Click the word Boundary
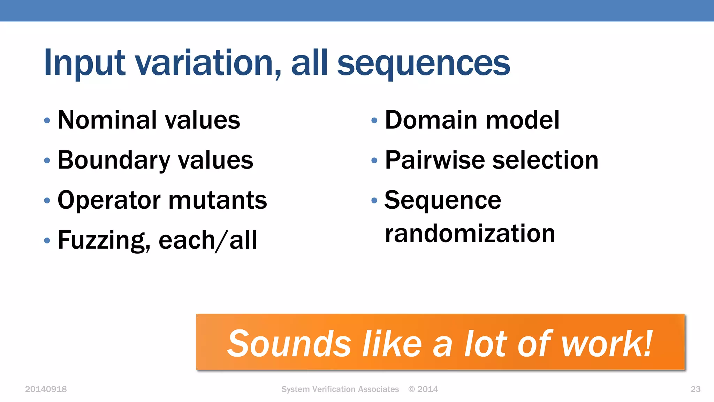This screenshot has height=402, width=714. tap(114, 160)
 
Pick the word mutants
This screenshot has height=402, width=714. tap(218, 200)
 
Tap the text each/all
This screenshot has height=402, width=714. tap(208, 240)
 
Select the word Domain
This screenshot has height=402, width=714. tap(431, 120)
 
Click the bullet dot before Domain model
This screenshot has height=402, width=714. tap(374, 121)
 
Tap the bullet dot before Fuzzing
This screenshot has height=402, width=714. tap(47, 240)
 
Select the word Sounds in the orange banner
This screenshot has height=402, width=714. tap(289, 344)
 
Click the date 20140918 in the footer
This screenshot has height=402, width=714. tap(46, 389)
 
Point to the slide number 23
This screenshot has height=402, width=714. tap(695, 389)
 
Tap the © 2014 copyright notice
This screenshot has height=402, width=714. tap(423, 389)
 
